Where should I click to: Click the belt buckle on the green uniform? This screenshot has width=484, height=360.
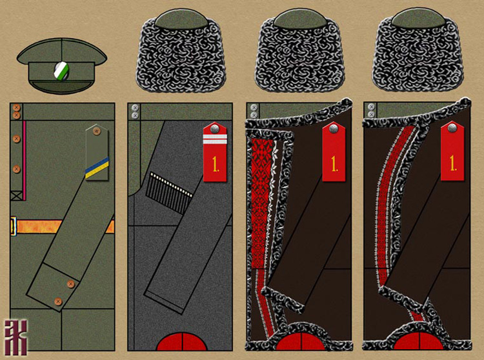13,225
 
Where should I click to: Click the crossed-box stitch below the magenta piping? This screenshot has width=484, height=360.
16,195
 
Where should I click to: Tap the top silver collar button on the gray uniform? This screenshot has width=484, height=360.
135,108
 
